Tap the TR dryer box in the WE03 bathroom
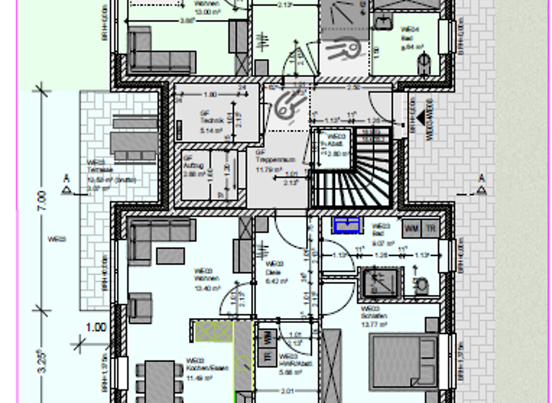431,228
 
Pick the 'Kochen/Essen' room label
198,368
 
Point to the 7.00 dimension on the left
41,197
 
